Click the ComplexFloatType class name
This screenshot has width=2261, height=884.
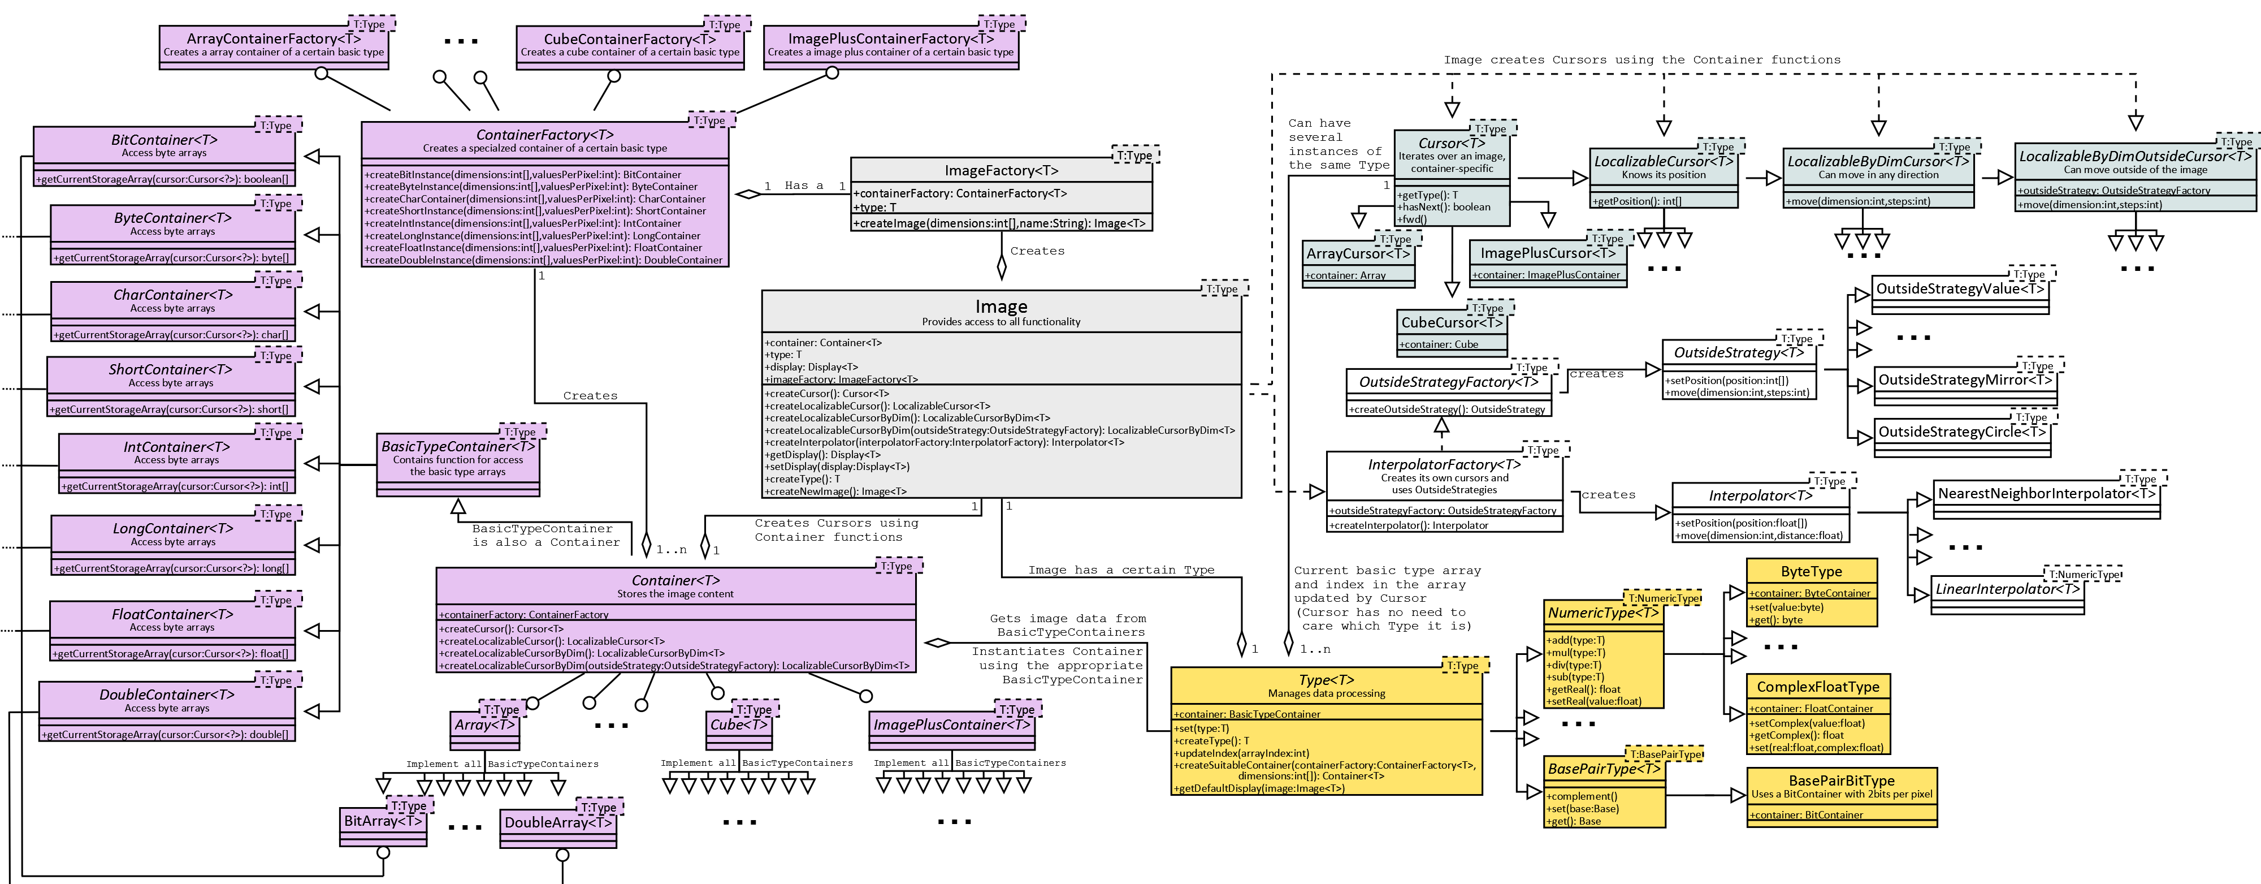(x=1818, y=687)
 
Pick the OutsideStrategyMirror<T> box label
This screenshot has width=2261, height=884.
(x=1964, y=380)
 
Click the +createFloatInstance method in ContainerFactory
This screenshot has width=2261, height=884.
(x=533, y=248)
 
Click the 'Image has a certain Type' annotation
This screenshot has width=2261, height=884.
(x=1121, y=570)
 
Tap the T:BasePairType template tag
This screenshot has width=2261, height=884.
(x=1665, y=754)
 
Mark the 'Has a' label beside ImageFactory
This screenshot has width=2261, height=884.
(x=803, y=186)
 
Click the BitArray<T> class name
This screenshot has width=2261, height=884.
(x=383, y=821)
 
